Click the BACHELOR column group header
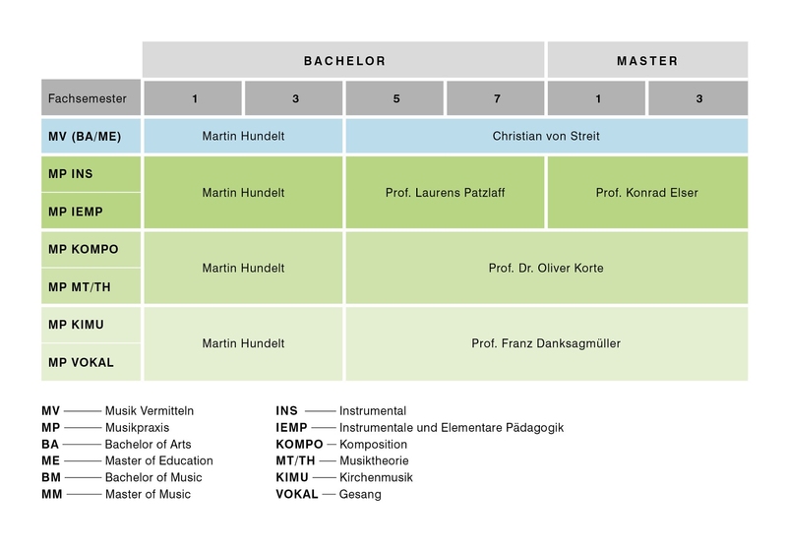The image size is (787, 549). [x=343, y=60]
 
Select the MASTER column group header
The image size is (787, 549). [x=647, y=60]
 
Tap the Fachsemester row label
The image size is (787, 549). [x=91, y=97]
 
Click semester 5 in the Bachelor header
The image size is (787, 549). [x=395, y=98]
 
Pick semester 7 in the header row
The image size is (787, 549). [x=496, y=98]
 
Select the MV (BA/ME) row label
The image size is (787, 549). [x=91, y=136]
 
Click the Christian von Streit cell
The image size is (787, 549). [x=547, y=136]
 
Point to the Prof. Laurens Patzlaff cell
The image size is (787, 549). [x=446, y=192]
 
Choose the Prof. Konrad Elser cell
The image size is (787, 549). [x=647, y=192]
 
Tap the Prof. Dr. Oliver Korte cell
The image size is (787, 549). [x=547, y=268]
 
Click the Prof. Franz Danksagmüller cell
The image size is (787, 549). [x=547, y=343]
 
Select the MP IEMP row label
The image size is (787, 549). [x=91, y=212]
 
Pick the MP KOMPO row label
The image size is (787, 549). [x=91, y=249]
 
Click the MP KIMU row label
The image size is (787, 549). [x=91, y=325]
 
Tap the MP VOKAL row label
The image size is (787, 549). [x=91, y=362]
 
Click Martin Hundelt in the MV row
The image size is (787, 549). [x=243, y=136]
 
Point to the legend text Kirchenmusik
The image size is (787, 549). [x=376, y=477]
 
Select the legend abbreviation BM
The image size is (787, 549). [x=51, y=477]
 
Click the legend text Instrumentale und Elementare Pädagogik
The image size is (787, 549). [x=452, y=428]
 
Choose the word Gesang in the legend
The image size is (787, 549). [x=360, y=494]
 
